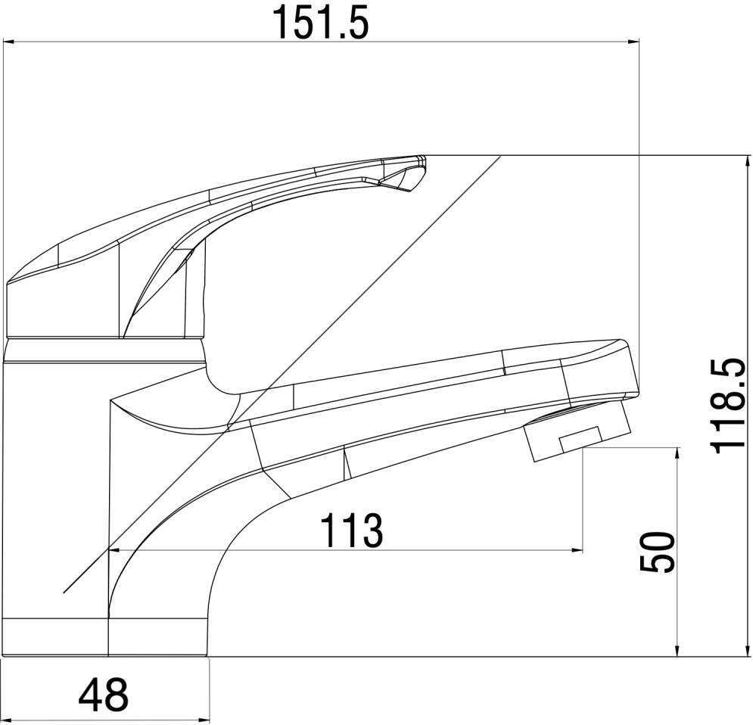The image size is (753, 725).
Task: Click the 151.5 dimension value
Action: (320, 22)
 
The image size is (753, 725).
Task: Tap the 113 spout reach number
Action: (352, 530)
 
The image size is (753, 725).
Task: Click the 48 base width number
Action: (104, 695)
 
